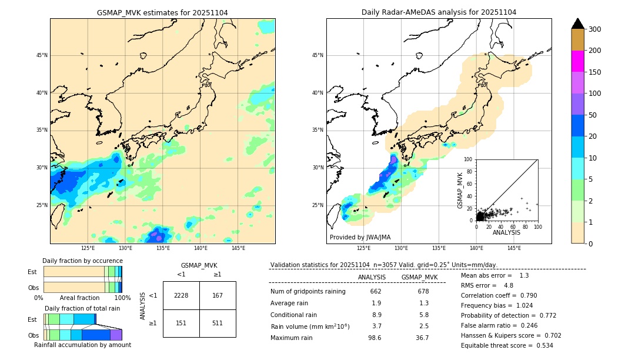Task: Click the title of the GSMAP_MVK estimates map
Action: (162, 12)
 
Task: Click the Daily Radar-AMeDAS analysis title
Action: (439, 12)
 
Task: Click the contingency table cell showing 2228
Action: (181, 295)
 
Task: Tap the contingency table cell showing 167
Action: (218, 295)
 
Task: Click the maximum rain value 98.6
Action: (375, 338)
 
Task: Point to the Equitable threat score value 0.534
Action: (540, 345)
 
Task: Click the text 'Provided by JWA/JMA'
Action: (360, 238)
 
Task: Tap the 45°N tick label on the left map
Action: (42, 55)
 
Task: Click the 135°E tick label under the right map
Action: (439, 248)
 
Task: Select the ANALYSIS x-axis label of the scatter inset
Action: (506, 232)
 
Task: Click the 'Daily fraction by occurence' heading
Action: (82, 261)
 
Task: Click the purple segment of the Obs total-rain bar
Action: (116, 335)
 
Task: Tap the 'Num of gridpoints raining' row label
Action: (308, 291)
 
